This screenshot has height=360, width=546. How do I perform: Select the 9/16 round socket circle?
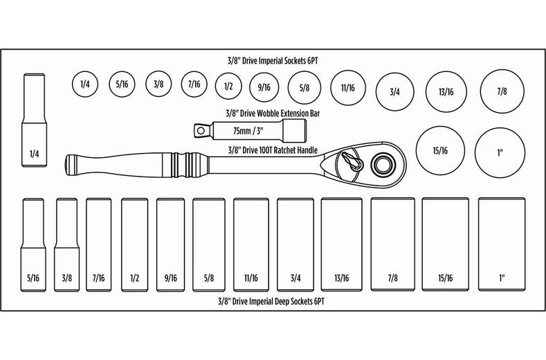[263, 87]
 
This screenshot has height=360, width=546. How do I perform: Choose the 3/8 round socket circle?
[158, 85]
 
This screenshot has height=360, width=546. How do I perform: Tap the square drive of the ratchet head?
[381, 164]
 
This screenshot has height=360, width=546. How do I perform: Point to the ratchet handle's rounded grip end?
[71, 164]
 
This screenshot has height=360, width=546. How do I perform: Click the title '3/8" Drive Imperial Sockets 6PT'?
[272, 60]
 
